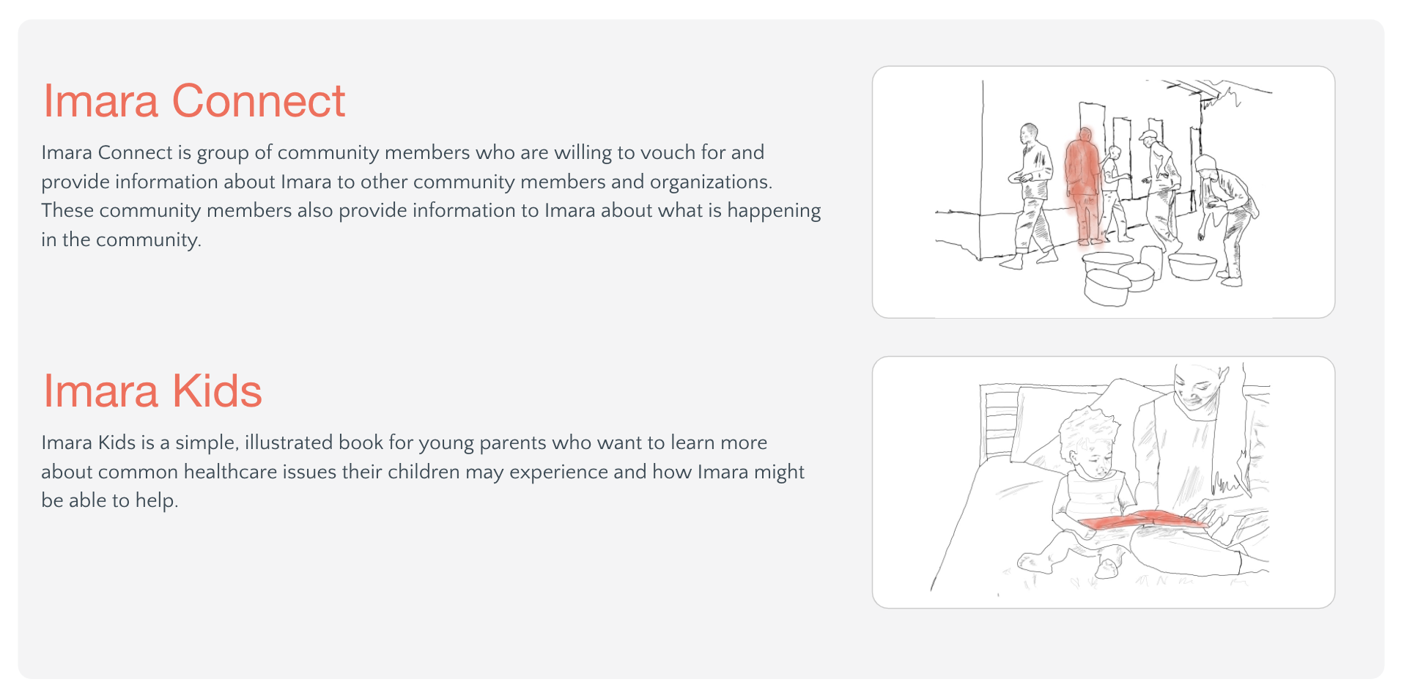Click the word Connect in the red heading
(x=258, y=100)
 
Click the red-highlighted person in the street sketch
(x=1083, y=186)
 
